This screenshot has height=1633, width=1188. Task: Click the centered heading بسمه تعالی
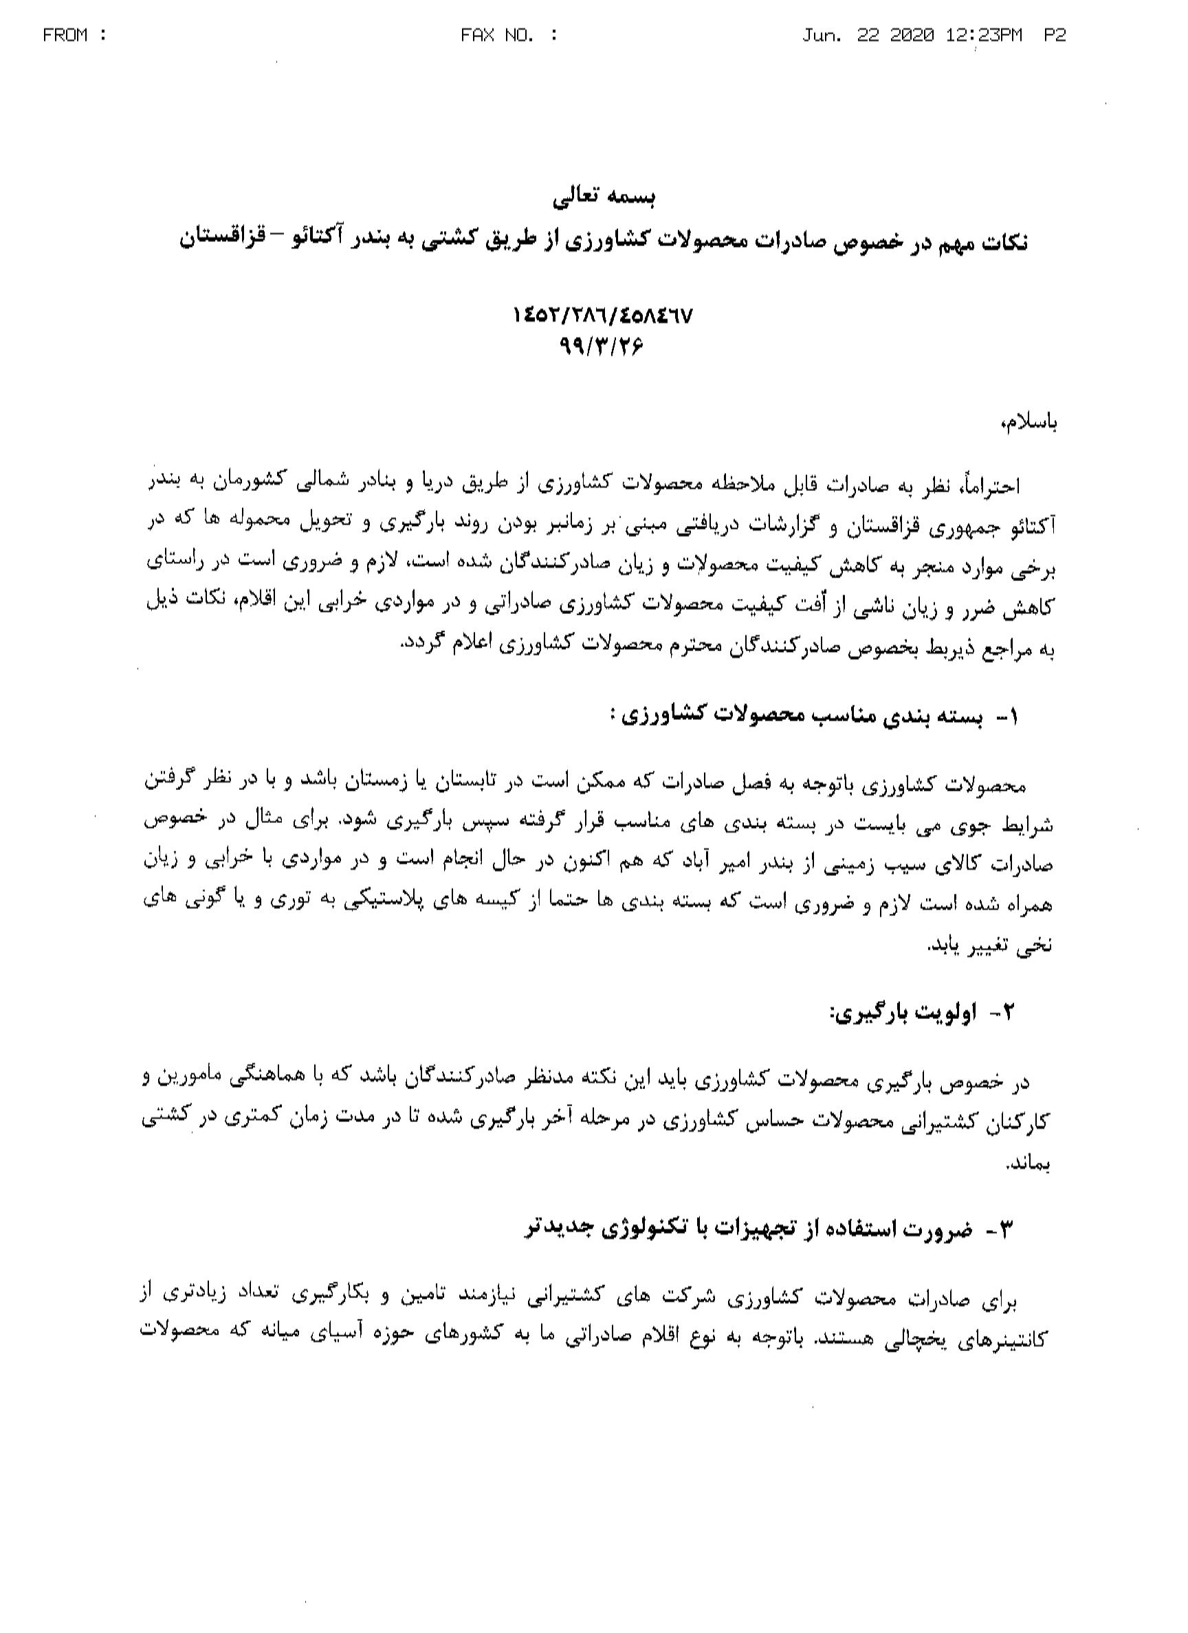[604, 197]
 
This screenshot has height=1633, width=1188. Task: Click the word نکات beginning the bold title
[1004, 241]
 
